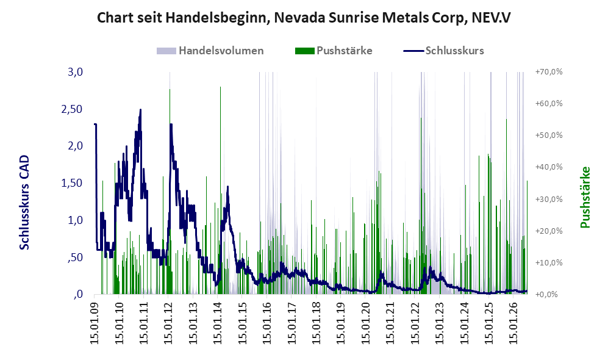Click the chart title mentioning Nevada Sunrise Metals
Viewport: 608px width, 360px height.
(x=304, y=18)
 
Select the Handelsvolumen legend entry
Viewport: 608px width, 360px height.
(x=210, y=51)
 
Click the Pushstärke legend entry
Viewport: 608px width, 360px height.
(x=334, y=51)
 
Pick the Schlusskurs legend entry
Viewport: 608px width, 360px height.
(x=443, y=51)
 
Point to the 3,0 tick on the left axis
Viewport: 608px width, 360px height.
(x=75, y=72)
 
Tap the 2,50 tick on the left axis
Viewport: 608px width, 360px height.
(x=72, y=109)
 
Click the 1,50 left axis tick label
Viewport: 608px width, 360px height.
(x=72, y=183)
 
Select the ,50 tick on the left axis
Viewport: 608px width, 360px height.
(x=75, y=257)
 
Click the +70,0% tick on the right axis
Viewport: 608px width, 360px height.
(x=549, y=72)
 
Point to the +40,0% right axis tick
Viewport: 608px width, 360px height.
(x=549, y=167)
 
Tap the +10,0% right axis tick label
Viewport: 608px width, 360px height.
(x=549, y=262)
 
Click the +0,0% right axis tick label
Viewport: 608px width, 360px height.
(x=546, y=295)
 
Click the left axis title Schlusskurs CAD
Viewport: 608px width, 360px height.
(x=24, y=202)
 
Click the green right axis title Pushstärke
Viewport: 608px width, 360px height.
(x=585, y=197)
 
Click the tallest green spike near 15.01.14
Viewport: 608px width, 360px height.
(x=220, y=190)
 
